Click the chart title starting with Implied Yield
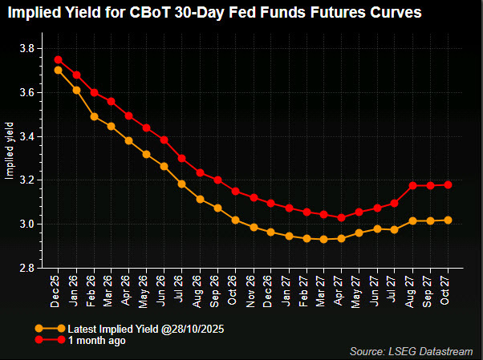point(215,14)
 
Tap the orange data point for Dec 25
point(58,70)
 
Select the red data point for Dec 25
point(58,59)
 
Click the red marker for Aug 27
point(412,185)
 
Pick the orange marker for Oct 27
point(448,220)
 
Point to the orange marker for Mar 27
point(323,239)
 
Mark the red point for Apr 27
point(342,217)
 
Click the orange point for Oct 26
point(235,220)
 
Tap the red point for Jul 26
point(182,158)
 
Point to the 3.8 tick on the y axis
point(26,49)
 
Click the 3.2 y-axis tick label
point(26,180)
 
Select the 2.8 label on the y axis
point(26,268)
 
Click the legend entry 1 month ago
point(96,340)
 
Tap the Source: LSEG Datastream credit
point(411,351)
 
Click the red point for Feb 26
point(94,92)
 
